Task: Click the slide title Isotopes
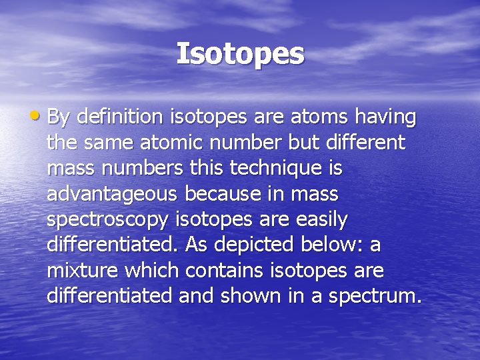240,54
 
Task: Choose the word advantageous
112,195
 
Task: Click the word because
223,194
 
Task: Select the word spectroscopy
106,220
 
